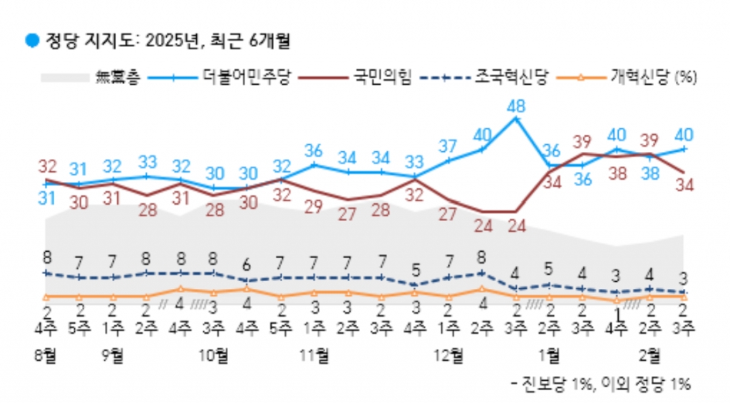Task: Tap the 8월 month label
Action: [x=46, y=354]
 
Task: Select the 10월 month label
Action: [x=214, y=354]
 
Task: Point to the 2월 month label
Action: [x=650, y=354]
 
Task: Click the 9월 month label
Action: [x=113, y=354]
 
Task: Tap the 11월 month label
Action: [x=314, y=354]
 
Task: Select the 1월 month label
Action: [x=549, y=354]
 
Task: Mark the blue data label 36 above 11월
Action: [x=314, y=151]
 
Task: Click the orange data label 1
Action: [x=618, y=312]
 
